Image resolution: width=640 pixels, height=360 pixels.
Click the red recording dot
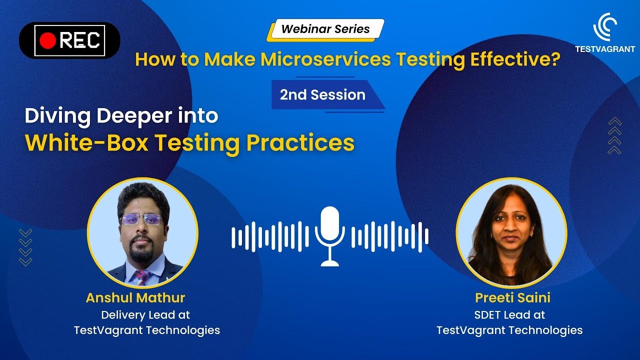pos(48,40)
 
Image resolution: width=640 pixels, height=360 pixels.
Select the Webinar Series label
pos(325,29)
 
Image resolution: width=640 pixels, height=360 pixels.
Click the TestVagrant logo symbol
pos(604,27)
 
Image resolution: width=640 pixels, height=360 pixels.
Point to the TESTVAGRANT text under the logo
pos(604,49)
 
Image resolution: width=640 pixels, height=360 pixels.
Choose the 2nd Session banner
pos(322,94)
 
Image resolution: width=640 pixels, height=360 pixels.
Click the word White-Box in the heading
pos(86,142)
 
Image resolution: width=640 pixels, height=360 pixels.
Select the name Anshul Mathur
pos(135,298)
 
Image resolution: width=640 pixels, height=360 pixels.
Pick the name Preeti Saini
pos(512,298)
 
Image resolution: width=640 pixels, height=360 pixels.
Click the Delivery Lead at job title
pos(145,315)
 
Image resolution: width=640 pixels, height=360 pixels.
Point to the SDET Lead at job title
pos(509,315)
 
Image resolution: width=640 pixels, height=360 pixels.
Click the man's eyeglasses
pos(142,219)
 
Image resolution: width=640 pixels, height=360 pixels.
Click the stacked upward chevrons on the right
pos(614,135)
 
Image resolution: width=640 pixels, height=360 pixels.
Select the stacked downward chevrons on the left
pos(25,247)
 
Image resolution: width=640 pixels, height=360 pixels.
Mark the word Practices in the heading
pos(300,142)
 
